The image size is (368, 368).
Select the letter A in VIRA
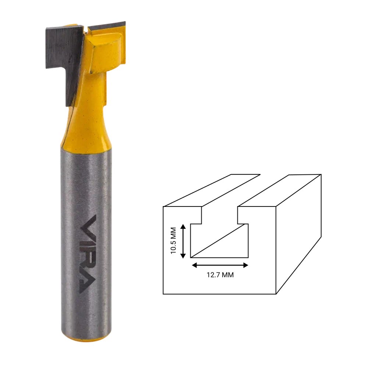88,284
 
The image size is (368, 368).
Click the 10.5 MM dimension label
173,241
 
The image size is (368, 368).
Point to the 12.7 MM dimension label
220,275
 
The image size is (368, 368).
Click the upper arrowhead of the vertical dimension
183,226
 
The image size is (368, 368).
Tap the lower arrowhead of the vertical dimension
183,256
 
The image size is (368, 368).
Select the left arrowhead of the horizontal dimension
195,265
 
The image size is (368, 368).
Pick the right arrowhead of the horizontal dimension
245,265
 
